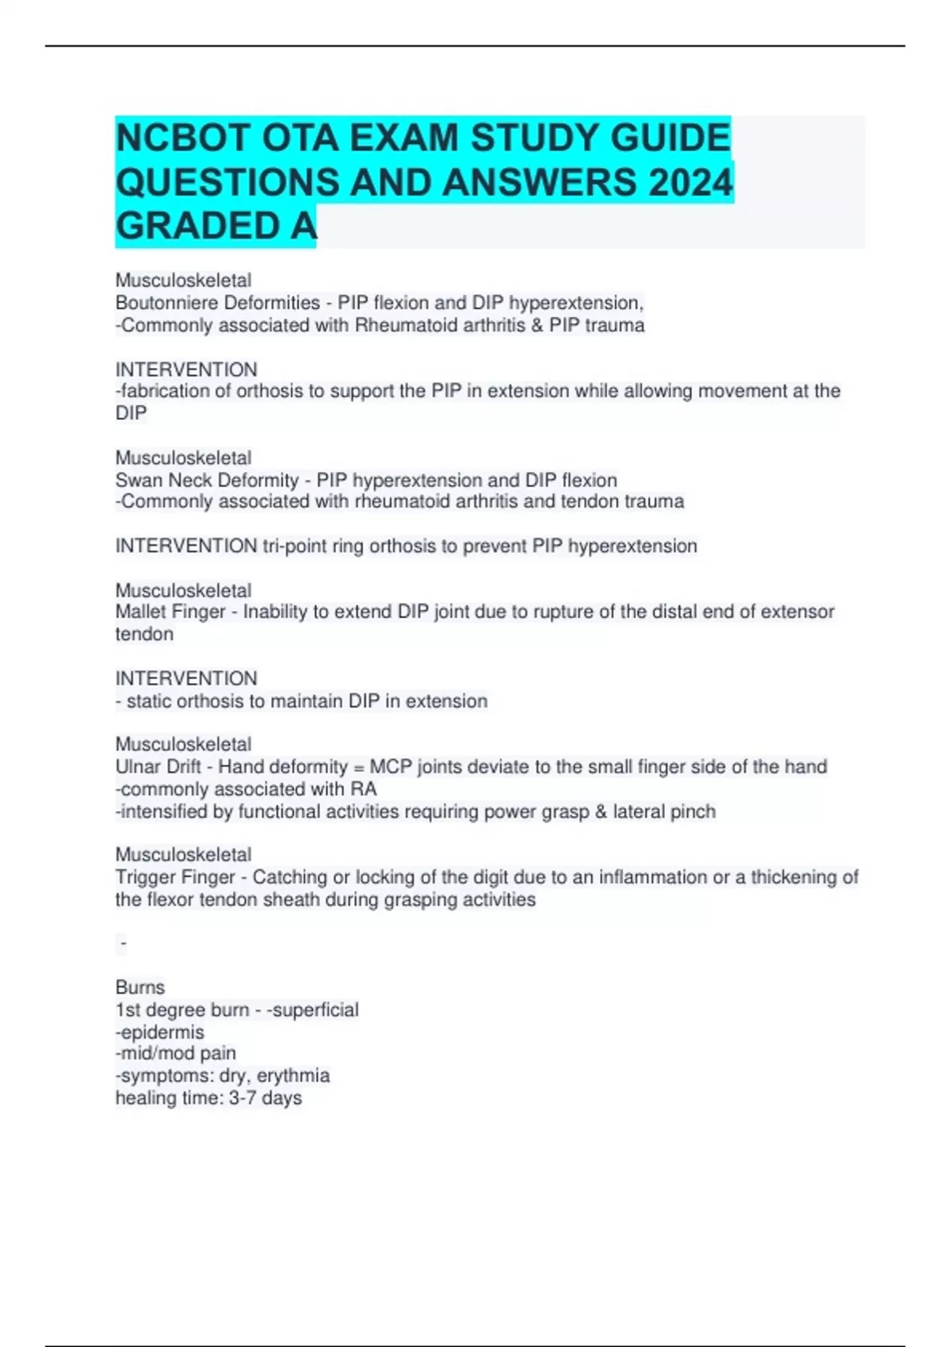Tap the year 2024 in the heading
coord(689,183)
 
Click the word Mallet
coord(140,612)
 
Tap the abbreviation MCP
coord(391,767)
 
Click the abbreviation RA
coord(364,789)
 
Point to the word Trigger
coord(145,877)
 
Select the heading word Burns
coord(140,987)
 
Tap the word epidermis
coord(162,1032)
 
